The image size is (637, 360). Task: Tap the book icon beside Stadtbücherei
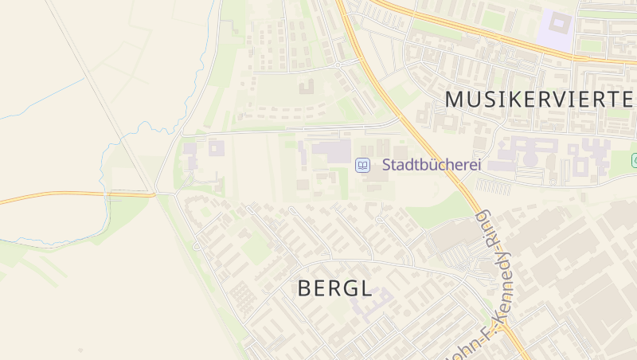[362, 166]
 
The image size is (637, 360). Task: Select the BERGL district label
[334, 288]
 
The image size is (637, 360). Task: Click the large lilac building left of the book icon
[330, 150]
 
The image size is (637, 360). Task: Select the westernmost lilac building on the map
[190, 149]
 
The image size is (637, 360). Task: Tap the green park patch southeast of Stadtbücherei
[434, 209]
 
